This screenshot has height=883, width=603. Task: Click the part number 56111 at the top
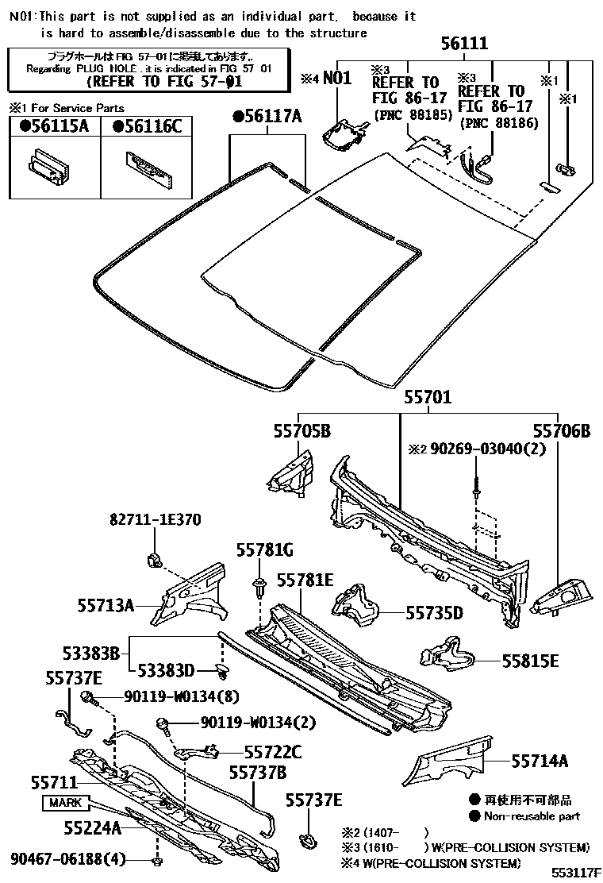[x=465, y=44]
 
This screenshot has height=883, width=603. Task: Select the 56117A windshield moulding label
[x=267, y=118]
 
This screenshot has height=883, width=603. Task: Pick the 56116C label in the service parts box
[x=147, y=125]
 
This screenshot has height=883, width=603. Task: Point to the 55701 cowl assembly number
[x=428, y=397]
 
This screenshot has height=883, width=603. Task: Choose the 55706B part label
[x=561, y=431]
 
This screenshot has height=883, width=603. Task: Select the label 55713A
[x=106, y=605]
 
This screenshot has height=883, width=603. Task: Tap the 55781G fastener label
[x=265, y=549]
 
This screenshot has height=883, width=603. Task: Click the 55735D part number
[x=434, y=612]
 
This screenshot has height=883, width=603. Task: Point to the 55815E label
[x=530, y=660]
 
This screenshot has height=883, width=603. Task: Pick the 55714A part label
[x=540, y=762]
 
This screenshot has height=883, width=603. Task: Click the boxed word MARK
[x=65, y=803]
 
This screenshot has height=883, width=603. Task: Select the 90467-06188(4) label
[x=68, y=858]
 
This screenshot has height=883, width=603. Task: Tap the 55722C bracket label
[x=273, y=750]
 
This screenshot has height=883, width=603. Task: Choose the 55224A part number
[x=93, y=828]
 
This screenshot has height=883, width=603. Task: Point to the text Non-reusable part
[x=532, y=816]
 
